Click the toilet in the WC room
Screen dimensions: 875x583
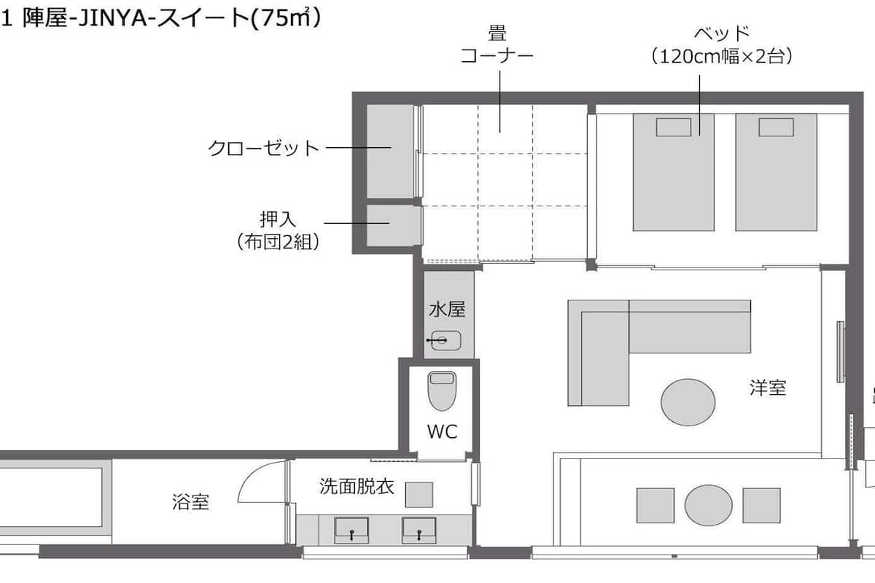(442, 391)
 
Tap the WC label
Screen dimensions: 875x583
(442, 431)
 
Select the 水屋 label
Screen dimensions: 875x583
(447, 309)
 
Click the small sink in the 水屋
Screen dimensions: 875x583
(446, 340)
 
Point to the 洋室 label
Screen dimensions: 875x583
(768, 388)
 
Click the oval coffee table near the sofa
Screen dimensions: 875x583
(688, 402)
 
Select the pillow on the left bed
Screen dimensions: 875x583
(674, 128)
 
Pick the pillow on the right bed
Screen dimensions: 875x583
(776, 128)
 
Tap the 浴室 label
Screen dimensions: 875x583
(190, 502)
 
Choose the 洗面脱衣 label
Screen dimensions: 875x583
(357, 486)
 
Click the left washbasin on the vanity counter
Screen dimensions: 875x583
(351, 531)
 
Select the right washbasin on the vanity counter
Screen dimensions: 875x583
(419, 531)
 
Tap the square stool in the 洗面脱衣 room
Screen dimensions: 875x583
(419, 495)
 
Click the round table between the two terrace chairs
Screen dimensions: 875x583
(708, 505)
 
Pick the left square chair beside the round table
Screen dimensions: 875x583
(655, 505)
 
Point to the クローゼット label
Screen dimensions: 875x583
(263, 148)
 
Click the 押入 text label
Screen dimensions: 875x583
(278, 219)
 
